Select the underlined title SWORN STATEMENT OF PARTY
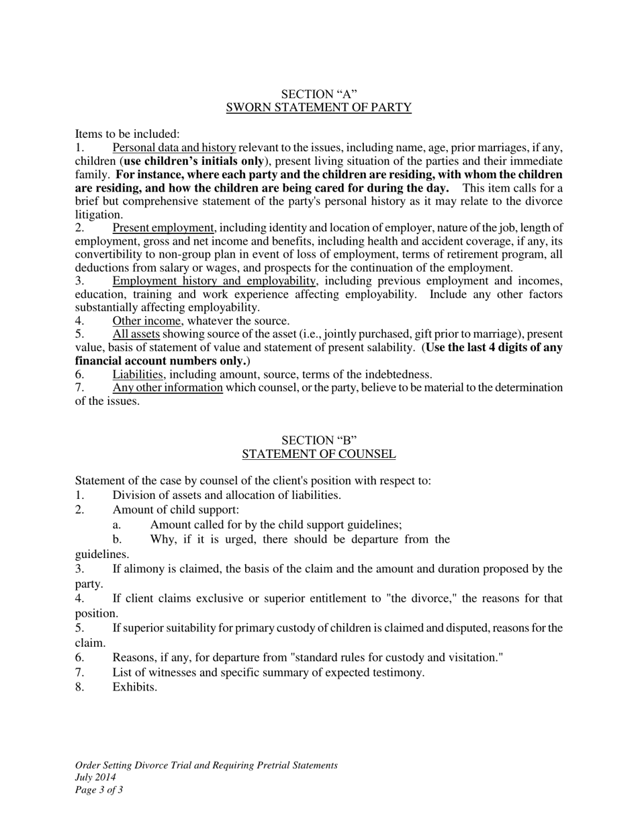(x=318, y=108)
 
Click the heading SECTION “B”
(x=318, y=440)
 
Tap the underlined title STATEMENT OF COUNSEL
(x=318, y=455)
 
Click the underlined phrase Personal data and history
(x=174, y=147)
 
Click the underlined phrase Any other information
(x=167, y=387)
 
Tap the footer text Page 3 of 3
(x=99, y=790)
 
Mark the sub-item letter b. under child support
(x=118, y=539)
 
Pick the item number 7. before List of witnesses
(x=79, y=672)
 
